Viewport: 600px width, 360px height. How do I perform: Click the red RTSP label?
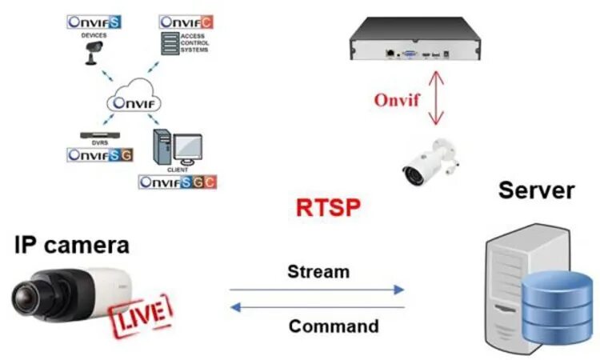pyautogui.click(x=328, y=208)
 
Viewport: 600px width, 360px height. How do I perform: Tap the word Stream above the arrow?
pyautogui.click(x=318, y=271)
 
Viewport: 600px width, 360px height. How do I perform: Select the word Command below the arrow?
pyautogui.click(x=334, y=326)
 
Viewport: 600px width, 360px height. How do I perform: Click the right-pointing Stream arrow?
pyautogui.click(x=317, y=290)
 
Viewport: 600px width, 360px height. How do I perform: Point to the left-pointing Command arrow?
pyautogui.click(x=317, y=307)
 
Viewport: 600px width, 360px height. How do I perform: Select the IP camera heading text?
pyautogui.click(x=71, y=245)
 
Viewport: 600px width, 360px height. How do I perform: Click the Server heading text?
pyautogui.click(x=536, y=190)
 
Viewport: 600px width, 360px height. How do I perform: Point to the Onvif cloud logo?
pyautogui.click(x=134, y=102)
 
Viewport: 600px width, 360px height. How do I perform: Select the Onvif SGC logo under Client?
pyautogui.click(x=177, y=182)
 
